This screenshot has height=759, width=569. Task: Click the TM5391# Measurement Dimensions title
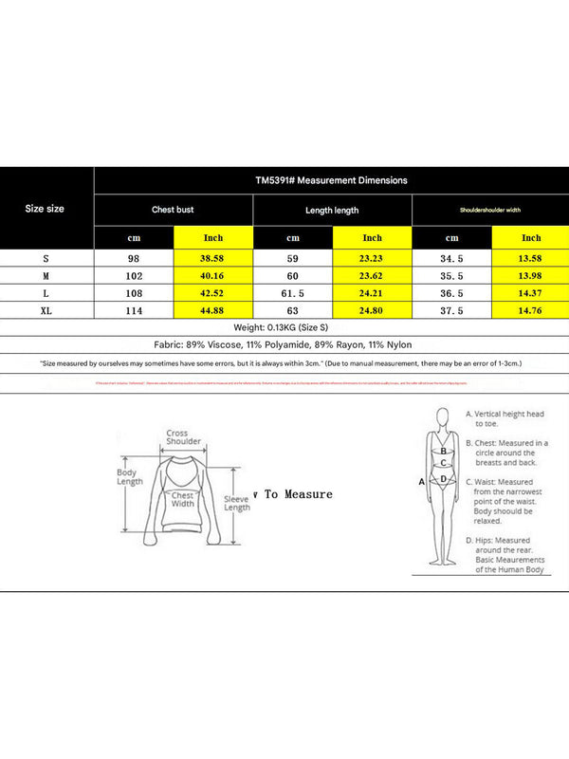coord(331,179)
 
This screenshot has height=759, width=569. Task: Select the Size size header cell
coord(45,209)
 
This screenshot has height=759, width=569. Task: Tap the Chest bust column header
coord(173,210)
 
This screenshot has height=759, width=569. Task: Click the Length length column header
coord(332,210)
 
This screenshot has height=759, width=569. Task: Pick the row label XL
coord(45,310)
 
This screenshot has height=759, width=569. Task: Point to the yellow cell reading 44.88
coord(212,310)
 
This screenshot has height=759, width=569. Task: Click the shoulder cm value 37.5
coord(451,310)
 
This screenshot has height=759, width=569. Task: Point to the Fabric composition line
coord(284,345)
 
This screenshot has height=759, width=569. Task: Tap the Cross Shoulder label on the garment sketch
coord(183,437)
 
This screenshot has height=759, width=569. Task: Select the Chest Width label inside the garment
coord(182,499)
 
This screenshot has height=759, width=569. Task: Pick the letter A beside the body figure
coord(420,482)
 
